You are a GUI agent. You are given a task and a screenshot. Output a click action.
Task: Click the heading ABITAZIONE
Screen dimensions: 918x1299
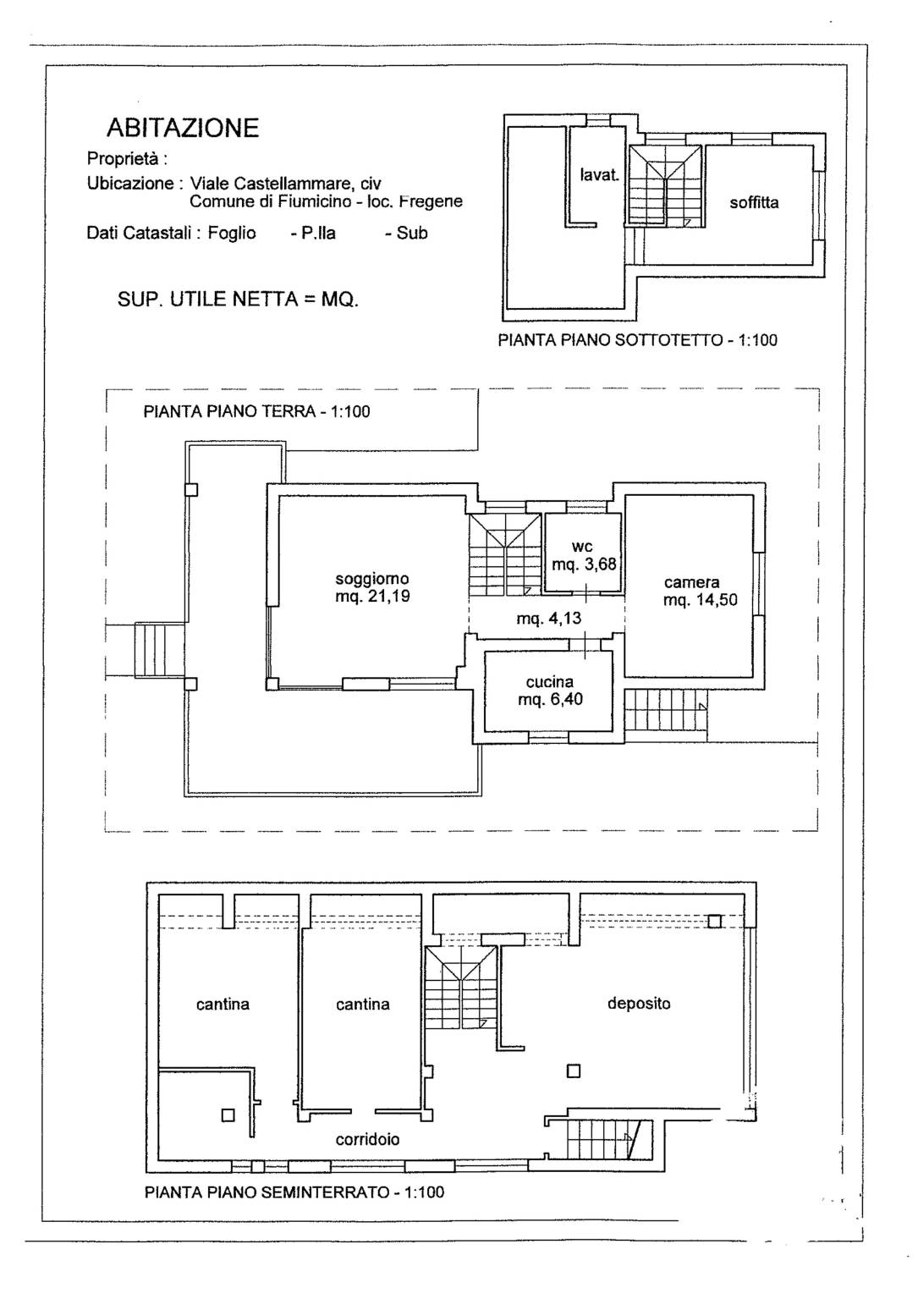pyautogui.click(x=183, y=128)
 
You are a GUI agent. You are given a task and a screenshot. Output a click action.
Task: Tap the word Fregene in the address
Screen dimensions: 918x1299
pyautogui.click(x=431, y=201)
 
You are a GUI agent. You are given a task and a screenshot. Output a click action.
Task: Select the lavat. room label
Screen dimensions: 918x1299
pyautogui.click(x=599, y=174)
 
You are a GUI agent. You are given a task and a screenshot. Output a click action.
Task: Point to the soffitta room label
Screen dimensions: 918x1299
pyautogui.click(x=754, y=203)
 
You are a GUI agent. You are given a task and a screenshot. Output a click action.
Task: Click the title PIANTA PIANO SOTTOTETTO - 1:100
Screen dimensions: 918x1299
pyautogui.click(x=637, y=340)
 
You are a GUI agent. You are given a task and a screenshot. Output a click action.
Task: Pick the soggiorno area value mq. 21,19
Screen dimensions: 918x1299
pyautogui.click(x=372, y=596)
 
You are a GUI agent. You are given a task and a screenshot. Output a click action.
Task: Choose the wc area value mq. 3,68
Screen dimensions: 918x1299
pyautogui.click(x=584, y=564)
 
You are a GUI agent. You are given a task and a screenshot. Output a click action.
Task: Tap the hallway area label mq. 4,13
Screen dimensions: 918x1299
pyautogui.click(x=548, y=618)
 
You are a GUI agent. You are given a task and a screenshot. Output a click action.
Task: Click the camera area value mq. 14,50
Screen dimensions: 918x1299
pyautogui.click(x=700, y=600)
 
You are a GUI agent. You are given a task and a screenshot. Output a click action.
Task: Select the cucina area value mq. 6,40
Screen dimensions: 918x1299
pyautogui.click(x=550, y=699)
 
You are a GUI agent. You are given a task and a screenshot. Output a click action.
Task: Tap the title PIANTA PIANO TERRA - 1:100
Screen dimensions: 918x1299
pyautogui.click(x=256, y=412)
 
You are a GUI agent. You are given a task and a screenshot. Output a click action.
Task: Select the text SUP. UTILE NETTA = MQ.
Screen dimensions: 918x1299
pyautogui.click(x=238, y=300)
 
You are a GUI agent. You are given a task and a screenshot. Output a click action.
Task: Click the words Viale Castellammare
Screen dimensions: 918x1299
pyautogui.click(x=270, y=184)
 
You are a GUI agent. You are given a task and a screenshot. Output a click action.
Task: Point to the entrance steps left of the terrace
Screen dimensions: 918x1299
pyautogui.click(x=159, y=650)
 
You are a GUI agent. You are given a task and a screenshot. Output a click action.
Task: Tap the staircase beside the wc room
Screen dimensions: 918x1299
pyautogui.click(x=505, y=553)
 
